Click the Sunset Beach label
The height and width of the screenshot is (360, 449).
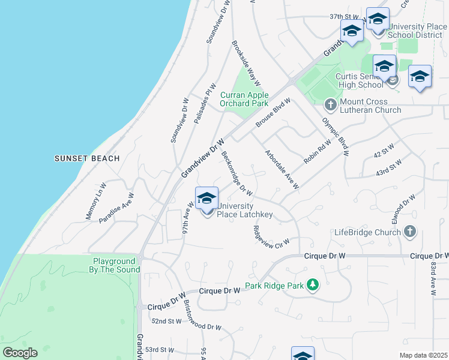87,158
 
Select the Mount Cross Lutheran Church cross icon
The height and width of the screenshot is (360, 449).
330,105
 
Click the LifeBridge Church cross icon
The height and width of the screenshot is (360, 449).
409,232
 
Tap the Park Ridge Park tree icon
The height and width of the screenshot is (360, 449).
312,285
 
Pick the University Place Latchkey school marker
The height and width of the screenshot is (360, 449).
206,199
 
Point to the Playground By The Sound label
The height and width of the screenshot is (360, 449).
116,265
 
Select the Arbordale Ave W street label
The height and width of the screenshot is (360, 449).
282,170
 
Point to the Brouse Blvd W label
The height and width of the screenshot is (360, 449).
273,112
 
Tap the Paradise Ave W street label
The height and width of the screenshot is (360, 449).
116,208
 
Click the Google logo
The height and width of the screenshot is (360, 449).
20,353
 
